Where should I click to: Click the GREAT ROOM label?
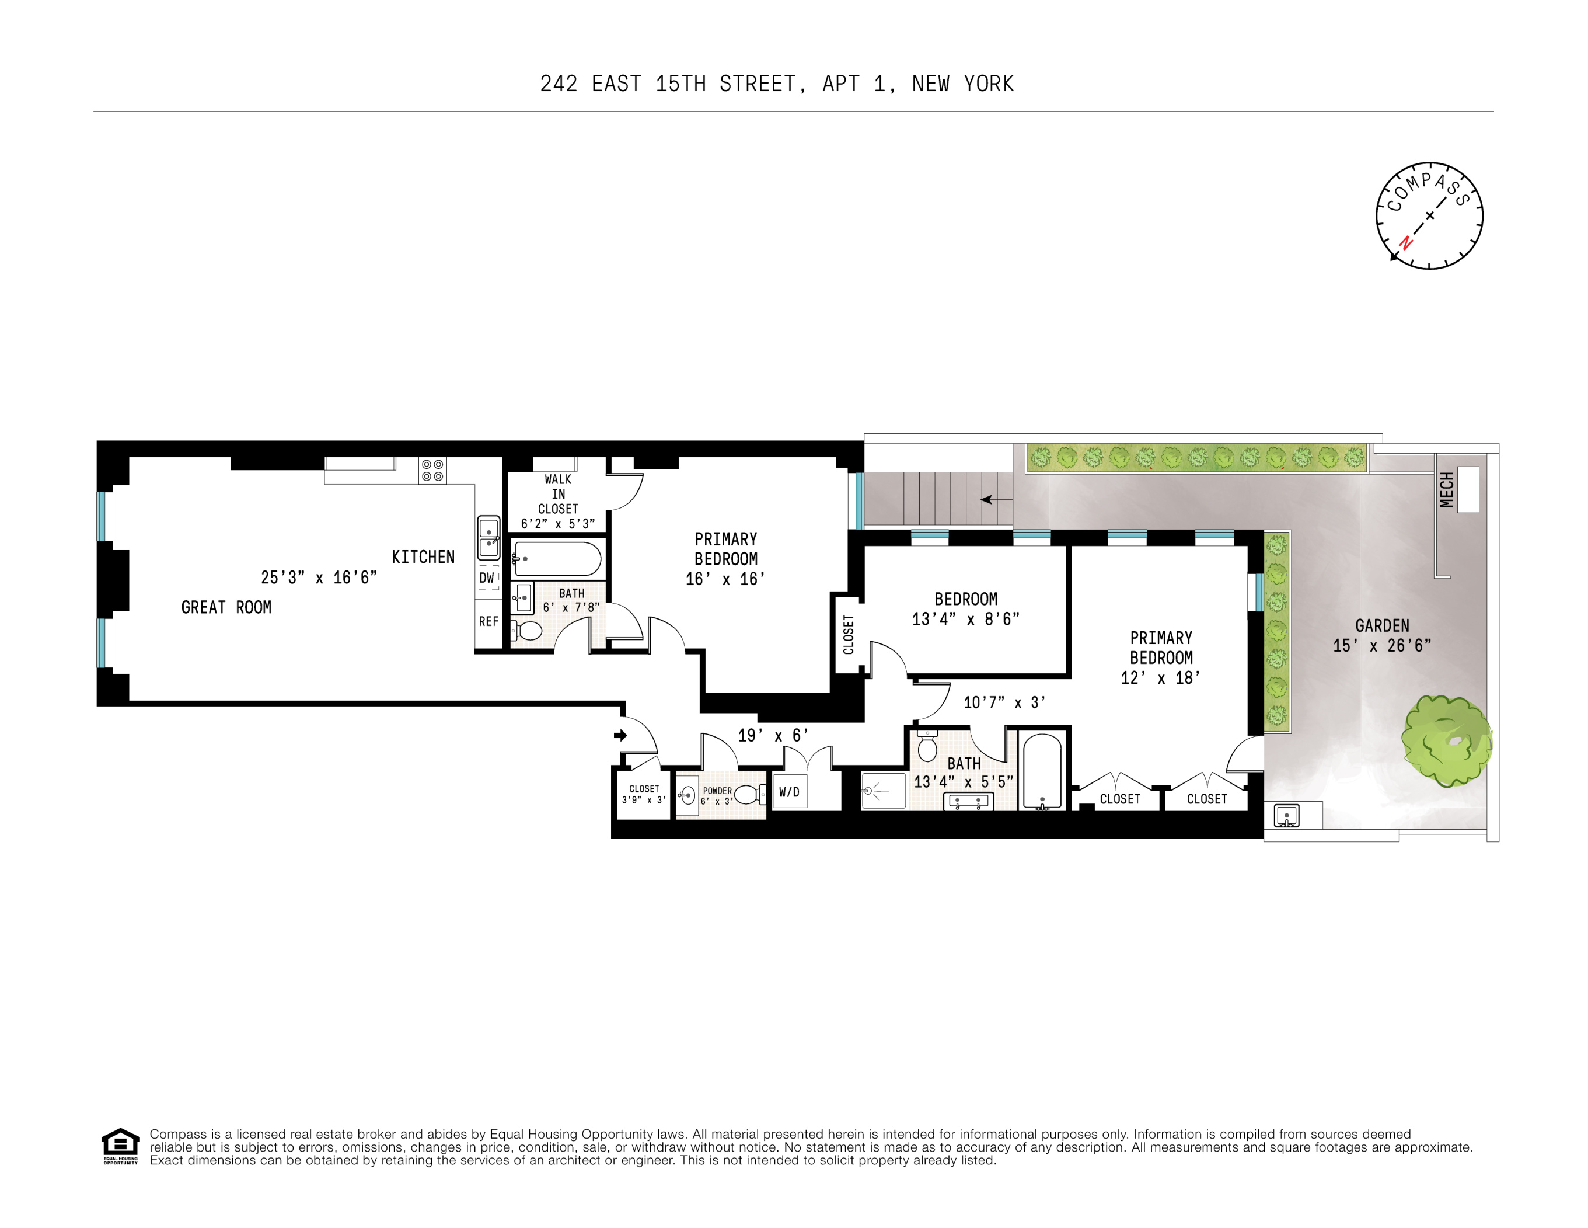click(226, 607)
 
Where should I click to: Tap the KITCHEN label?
click(423, 557)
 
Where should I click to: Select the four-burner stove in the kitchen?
click(432, 471)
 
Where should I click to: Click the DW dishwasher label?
click(486, 578)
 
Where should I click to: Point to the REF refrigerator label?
click(488, 621)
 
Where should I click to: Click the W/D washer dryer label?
click(789, 792)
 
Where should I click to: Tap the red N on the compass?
click(1405, 243)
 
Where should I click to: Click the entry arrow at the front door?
click(620, 736)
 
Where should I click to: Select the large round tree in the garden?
click(1446, 740)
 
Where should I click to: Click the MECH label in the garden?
click(1446, 489)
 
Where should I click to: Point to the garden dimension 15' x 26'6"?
click(1381, 645)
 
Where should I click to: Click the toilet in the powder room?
click(748, 794)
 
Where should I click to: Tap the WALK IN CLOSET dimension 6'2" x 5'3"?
click(558, 524)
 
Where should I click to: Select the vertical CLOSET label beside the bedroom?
click(849, 634)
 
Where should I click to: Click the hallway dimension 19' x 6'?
click(773, 736)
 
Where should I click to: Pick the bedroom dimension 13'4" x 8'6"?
click(966, 619)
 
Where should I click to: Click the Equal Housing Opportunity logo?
click(120, 1146)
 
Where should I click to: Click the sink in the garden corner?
click(1286, 816)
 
